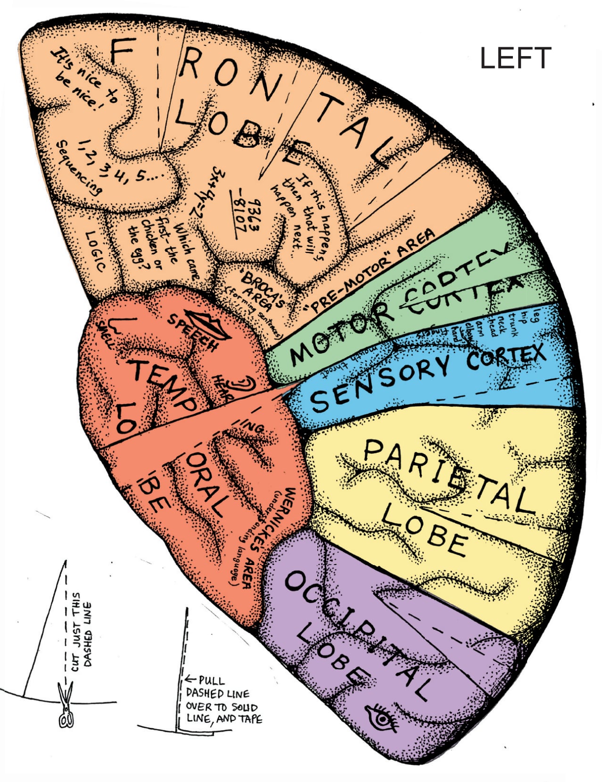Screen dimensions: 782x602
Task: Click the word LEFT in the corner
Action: pyautogui.click(x=515, y=58)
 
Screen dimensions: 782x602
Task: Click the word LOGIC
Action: pyautogui.click(x=95, y=250)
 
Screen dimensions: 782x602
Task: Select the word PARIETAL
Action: pyautogui.click(x=448, y=476)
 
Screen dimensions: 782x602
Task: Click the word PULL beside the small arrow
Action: pyautogui.click(x=212, y=680)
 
